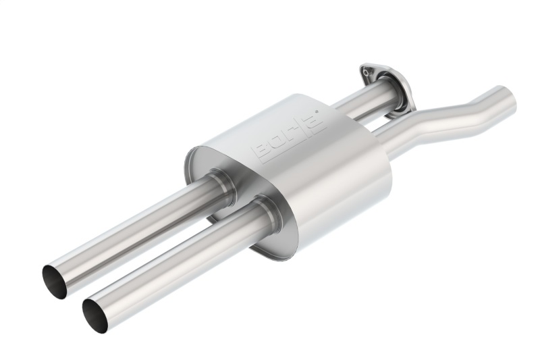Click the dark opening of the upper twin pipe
coord(55,281)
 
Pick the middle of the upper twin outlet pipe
coord(135,230)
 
